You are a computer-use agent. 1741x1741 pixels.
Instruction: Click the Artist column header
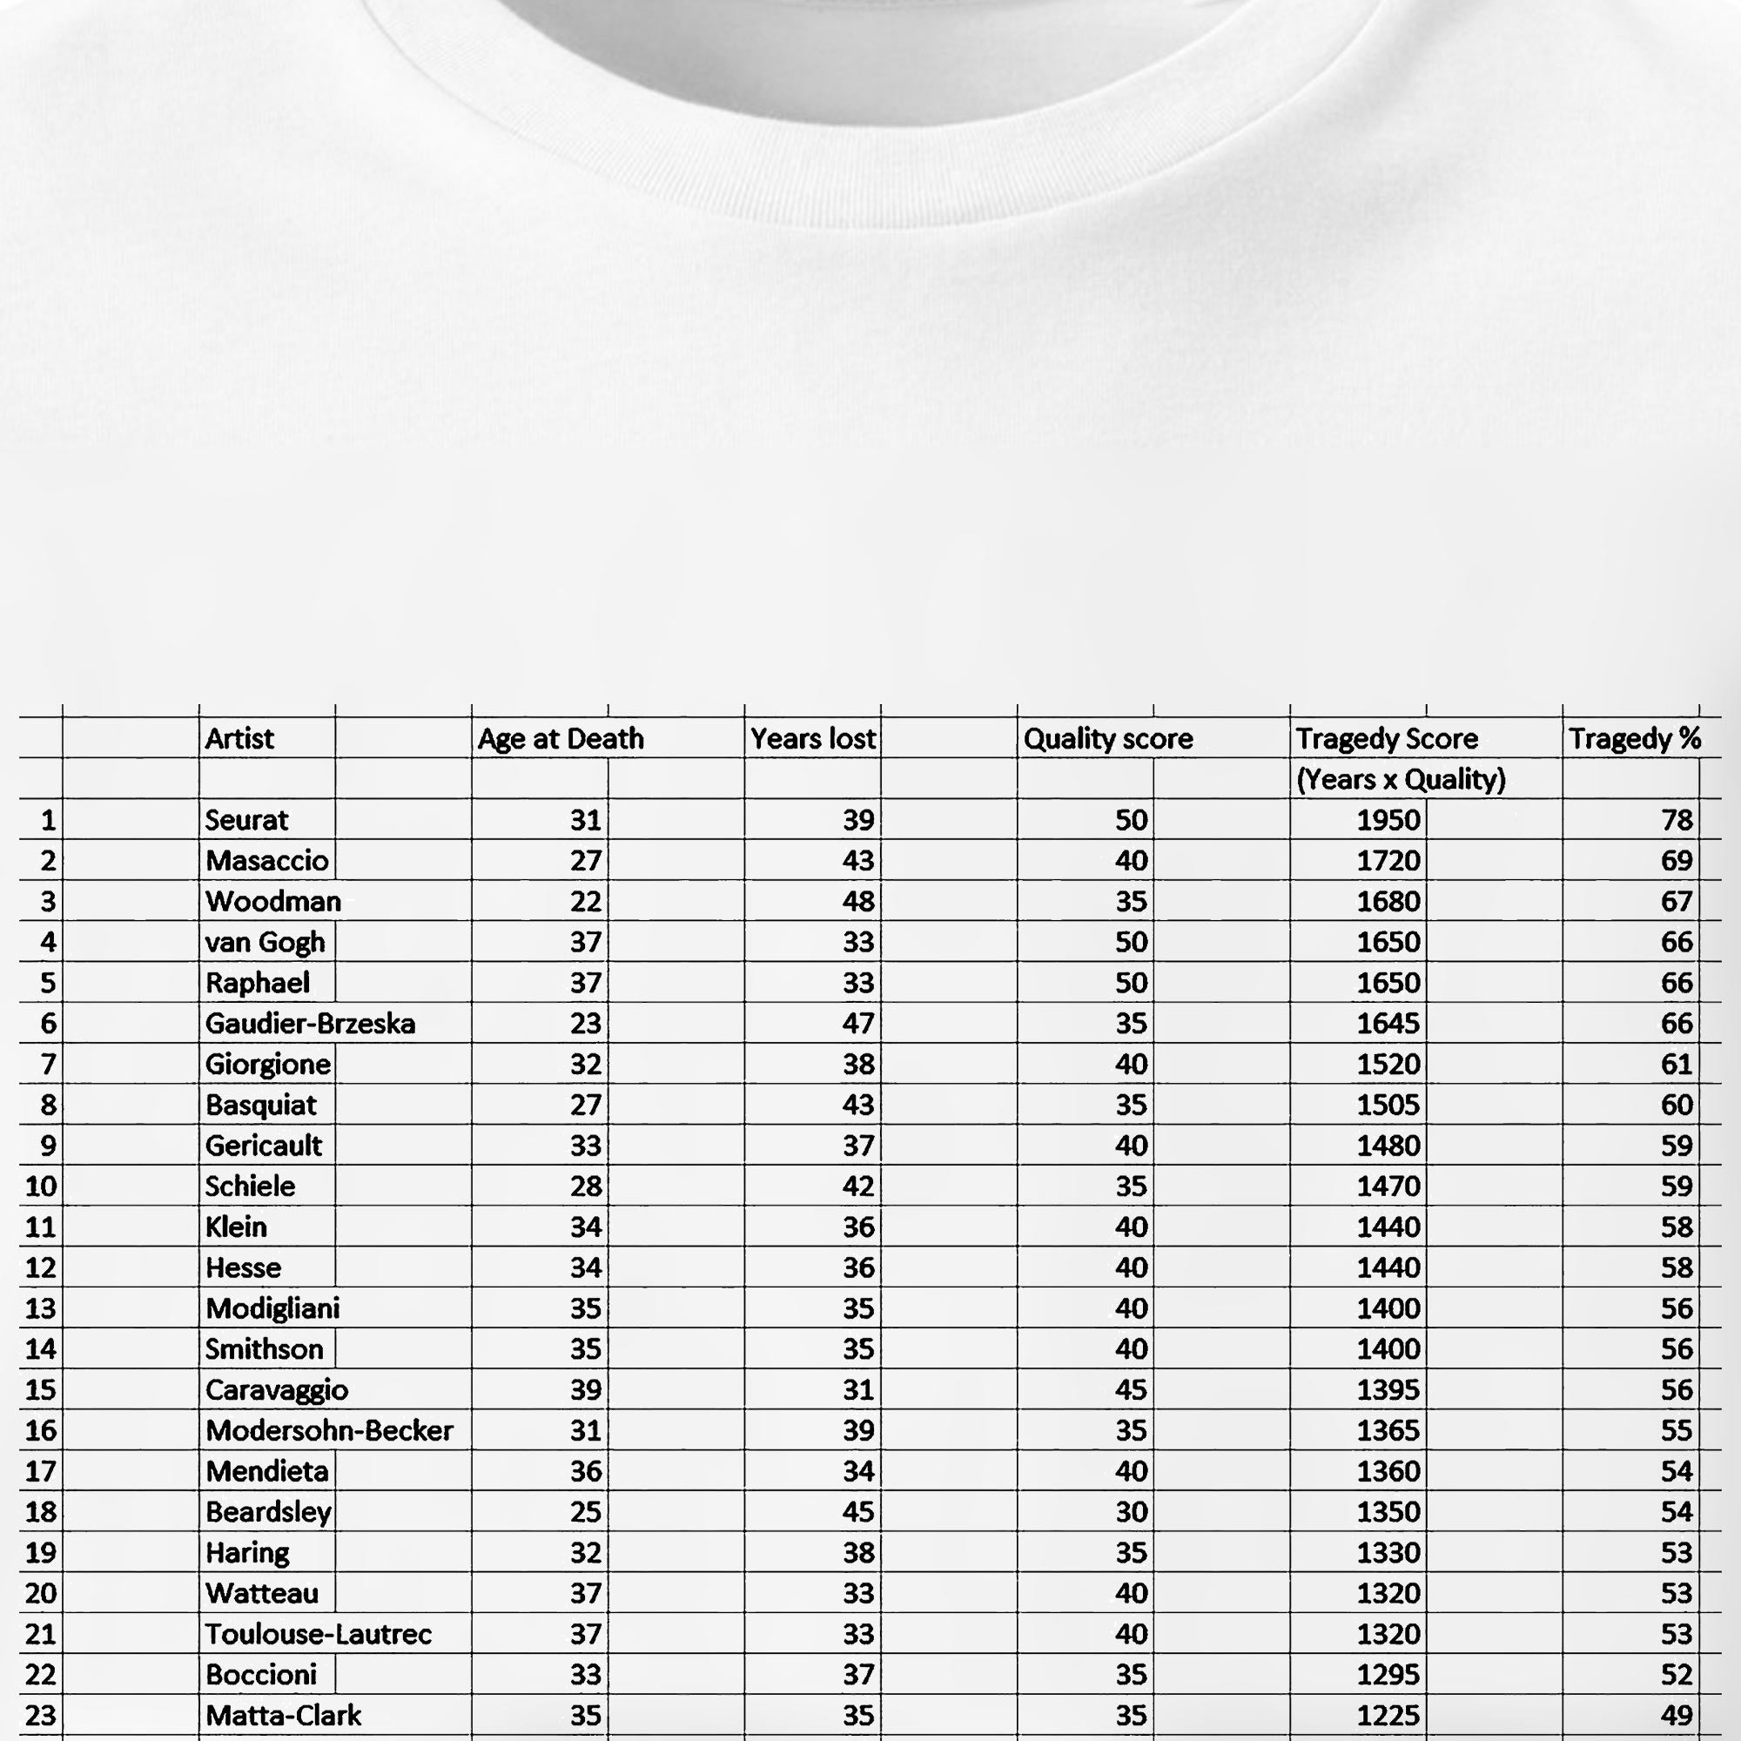point(239,739)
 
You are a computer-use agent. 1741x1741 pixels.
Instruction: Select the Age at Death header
point(561,739)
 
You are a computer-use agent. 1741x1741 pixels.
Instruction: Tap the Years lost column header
point(812,739)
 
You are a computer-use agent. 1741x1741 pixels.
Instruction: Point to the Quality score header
point(1107,739)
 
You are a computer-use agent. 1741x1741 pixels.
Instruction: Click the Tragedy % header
point(1634,739)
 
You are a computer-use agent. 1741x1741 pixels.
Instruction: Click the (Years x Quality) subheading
point(1401,779)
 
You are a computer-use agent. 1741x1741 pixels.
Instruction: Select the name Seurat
point(246,820)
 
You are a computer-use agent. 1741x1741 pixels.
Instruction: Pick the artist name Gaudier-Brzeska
point(310,1024)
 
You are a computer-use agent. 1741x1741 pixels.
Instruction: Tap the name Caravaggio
point(277,1389)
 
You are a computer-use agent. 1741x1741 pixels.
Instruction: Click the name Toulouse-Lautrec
point(318,1634)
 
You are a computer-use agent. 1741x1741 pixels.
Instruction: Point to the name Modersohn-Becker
point(329,1430)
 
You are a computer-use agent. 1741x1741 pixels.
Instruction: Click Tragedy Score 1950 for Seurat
point(1388,820)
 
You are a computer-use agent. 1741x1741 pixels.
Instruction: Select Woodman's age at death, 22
point(586,901)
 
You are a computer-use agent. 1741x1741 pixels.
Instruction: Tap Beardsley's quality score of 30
point(1131,1511)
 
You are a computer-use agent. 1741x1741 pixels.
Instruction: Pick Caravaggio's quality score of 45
point(1131,1389)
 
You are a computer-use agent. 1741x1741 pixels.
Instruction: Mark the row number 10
point(41,1186)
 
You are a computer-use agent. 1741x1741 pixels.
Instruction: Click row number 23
point(41,1715)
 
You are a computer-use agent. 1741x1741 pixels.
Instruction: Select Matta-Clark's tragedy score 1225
point(1388,1715)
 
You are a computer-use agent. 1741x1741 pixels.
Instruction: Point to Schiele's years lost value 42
point(858,1186)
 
